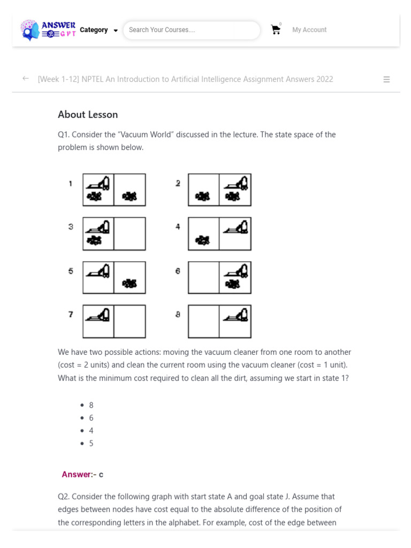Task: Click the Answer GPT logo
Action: [x=48, y=31]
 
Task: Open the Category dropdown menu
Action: [x=99, y=30]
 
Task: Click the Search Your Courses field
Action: [x=191, y=30]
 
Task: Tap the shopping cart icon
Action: [x=276, y=30]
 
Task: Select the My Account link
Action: [x=309, y=30]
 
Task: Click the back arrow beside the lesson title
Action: [x=25, y=79]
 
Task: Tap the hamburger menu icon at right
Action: [x=386, y=79]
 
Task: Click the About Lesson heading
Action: [x=88, y=115]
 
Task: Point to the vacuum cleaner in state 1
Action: [x=98, y=183]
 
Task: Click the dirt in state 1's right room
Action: [x=130, y=196]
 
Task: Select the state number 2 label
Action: [x=178, y=184]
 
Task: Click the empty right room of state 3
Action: [x=130, y=234]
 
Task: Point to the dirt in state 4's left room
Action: [x=203, y=240]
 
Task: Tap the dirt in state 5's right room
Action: [x=130, y=283]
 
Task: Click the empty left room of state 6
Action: [x=203, y=278]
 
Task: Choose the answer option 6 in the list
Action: [x=92, y=418]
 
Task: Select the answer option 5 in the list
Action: [x=92, y=443]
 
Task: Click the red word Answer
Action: [x=77, y=474]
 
